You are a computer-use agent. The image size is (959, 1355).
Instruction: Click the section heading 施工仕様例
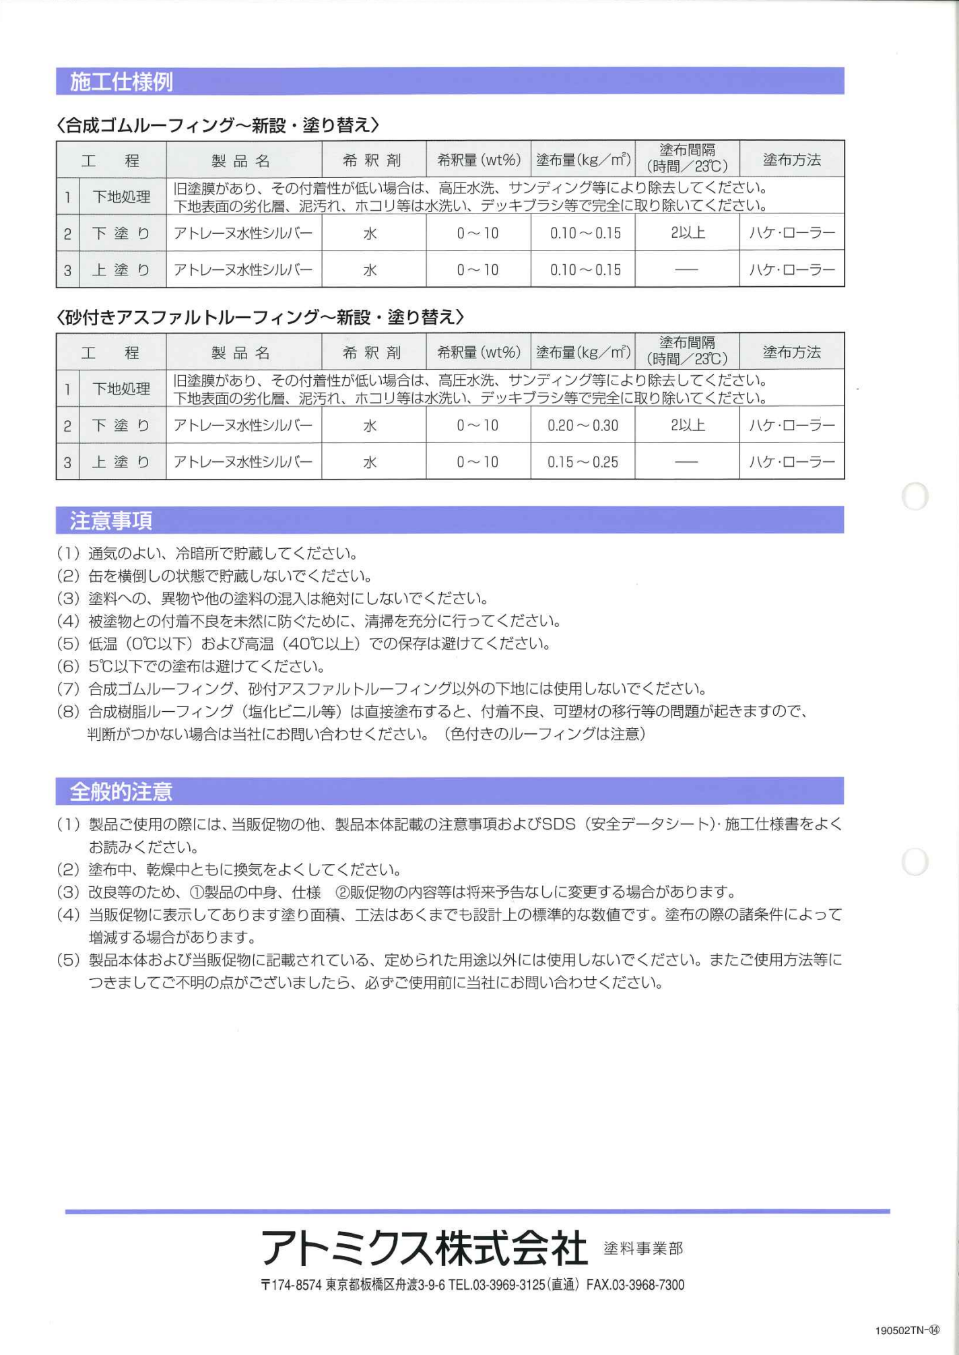(121, 81)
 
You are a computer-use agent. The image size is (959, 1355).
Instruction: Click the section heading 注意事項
(111, 521)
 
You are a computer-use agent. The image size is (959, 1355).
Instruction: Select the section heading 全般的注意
(121, 791)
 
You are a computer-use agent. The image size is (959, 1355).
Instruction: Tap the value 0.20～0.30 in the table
(583, 426)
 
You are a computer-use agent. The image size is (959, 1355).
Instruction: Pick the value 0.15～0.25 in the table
(583, 463)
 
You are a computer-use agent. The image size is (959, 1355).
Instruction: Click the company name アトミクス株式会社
(424, 1247)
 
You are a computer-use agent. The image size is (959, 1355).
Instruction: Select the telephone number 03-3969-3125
(508, 1285)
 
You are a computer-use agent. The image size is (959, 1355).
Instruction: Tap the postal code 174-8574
(296, 1285)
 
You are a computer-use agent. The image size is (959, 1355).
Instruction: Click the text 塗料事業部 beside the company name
(643, 1249)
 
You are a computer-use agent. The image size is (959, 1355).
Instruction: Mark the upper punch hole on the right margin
(915, 496)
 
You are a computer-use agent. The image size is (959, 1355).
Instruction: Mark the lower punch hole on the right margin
(915, 862)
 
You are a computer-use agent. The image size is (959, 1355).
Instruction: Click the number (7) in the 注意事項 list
(68, 689)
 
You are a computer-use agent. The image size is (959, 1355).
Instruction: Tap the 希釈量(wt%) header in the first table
(478, 160)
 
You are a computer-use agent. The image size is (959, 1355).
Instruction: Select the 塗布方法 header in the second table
(791, 352)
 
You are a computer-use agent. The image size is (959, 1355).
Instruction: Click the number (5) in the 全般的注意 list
(68, 960)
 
